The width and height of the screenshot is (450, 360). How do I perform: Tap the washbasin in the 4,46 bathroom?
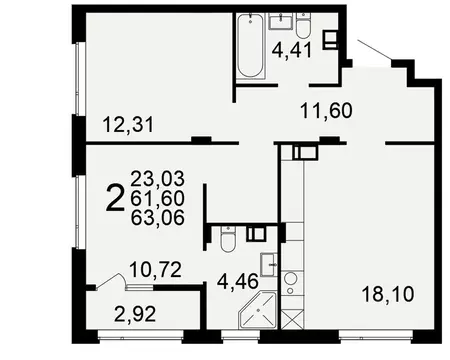point(257,238)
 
